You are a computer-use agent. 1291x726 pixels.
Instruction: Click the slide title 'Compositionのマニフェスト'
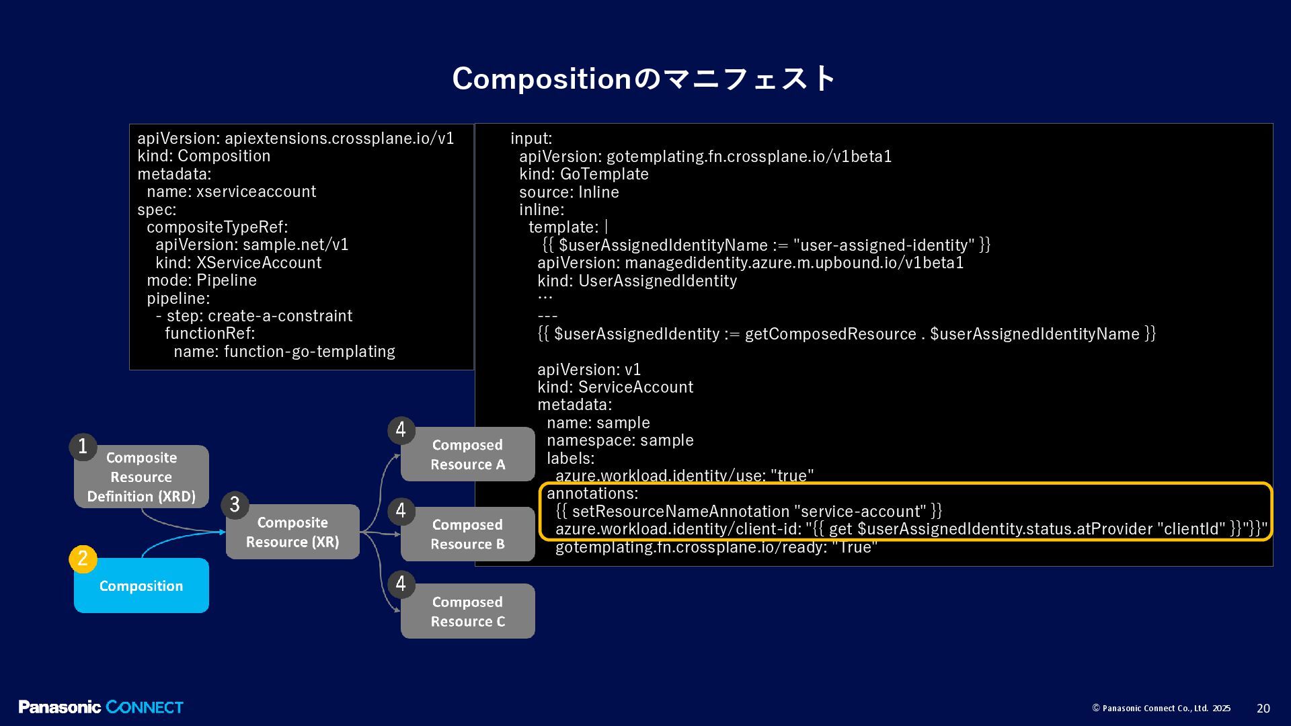(x=643, y=79)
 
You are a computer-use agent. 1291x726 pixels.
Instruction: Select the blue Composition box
(x=141, y=586)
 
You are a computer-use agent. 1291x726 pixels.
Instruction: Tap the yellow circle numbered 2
(x=83, y=559)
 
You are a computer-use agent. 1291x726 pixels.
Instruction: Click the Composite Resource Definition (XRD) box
(x=141, y=477)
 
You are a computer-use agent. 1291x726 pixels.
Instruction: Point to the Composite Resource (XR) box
(x=292, y=532)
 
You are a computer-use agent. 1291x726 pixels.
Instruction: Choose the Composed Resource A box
(x=467, y=454)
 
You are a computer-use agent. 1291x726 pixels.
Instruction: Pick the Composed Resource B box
(x=467, y=534)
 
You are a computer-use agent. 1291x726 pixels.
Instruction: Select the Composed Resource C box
(x=467, y=611)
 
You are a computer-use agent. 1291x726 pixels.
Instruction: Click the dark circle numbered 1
(x=83, y=446)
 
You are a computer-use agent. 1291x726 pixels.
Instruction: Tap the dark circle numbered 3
(x=235, y=505)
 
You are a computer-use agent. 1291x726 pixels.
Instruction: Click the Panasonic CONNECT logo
(x=101, y=707)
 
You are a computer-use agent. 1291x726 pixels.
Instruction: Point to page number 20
(x=1263, y=709)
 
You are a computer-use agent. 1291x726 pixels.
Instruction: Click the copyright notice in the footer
(x=1161, y=709)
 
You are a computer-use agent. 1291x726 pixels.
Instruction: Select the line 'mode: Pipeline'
(x=202, y=280)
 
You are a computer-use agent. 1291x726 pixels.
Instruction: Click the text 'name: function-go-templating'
(x=284, y=352)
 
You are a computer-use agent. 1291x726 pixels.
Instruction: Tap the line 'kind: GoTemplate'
(x=584, y=174)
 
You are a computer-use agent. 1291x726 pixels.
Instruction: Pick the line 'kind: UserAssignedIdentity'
(x=637, y=281)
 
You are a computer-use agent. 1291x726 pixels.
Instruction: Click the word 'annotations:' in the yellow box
(x=592, y=493)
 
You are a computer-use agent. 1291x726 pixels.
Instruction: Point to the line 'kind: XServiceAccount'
(x=239, y=263)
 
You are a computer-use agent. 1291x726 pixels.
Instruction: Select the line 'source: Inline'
(x=569, y=192)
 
